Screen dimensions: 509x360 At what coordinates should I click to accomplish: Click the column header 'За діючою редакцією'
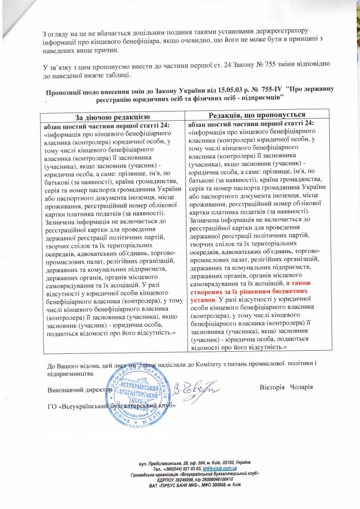point(112,117)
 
